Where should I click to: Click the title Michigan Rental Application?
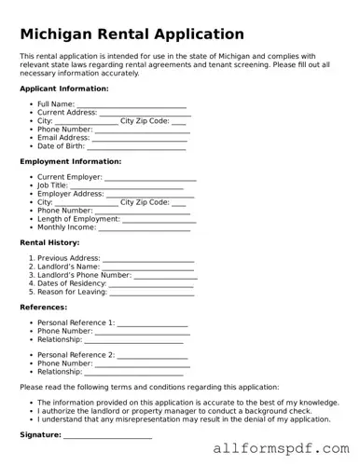point(132,34)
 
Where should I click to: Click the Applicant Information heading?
point(63,89)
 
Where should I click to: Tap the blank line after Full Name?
point(132,104)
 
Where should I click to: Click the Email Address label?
point(63,138)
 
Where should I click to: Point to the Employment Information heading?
point(70,161)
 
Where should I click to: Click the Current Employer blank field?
point(150,177)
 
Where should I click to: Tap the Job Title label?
point(52,185)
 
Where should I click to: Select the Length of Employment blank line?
point(159,219)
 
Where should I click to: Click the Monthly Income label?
point(66,227)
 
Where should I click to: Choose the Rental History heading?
point(49,242)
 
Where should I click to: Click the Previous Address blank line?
point(147,258)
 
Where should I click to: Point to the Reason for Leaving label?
point(73,292)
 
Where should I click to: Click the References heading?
point(43,307)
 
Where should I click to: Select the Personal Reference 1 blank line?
point(153,322)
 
